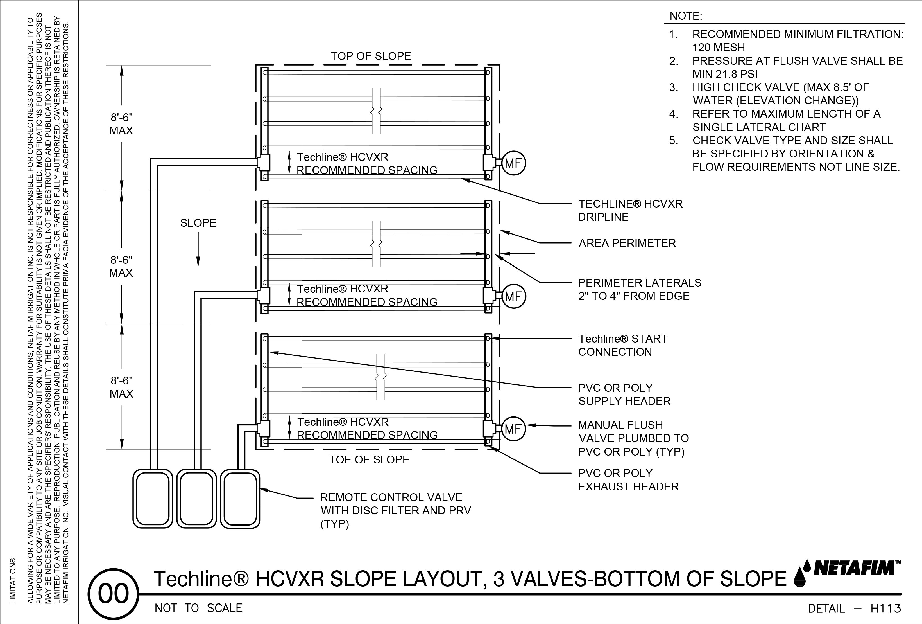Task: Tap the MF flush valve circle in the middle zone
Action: (514, 296)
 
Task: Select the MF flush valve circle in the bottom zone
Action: (514, 429)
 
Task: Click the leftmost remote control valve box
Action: (153, 499)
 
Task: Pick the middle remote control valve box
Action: (196, 499)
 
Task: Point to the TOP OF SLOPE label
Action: (371, 56)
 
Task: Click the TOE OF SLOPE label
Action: (369, 460)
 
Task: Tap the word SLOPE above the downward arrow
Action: (198, 223)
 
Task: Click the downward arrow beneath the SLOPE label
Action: (198, 249)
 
